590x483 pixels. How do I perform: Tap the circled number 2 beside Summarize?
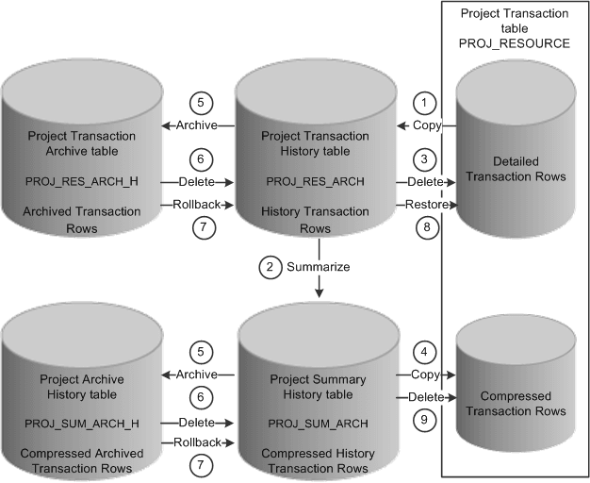pyautogui.click(x=270, y=267)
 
